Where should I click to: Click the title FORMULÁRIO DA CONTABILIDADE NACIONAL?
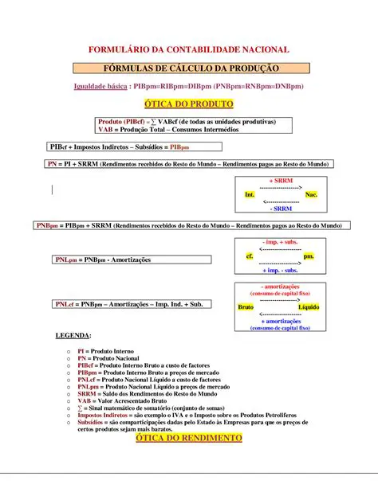(x=188, y=49)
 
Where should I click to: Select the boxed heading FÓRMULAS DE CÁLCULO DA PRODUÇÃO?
(x=188, y=68)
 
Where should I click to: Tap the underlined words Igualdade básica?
(x=97, y=86)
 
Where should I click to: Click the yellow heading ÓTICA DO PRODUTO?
(x=188, y=104)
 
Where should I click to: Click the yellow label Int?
(x=250, y=195)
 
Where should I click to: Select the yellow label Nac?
(x=311, y=195)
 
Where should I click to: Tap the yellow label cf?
(x=250, y=256)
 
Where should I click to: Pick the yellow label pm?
(x=309, y=256)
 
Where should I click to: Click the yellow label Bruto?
(x=246, y=306)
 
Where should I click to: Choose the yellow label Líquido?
(x=309, y=306)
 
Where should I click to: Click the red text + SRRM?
(x=280, y=182)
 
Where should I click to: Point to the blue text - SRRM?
(x=280, y=209)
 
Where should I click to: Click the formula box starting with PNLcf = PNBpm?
(x=133, y=304)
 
